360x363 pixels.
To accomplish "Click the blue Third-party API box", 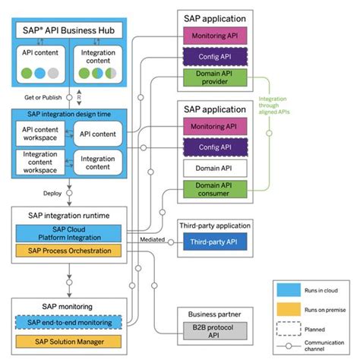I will click(x=210, y=242).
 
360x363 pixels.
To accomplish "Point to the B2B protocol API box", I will click(x=210, y=331).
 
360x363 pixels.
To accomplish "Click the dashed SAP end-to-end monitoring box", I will click(x=69, y=324).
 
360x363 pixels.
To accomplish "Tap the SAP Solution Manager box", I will click(x=69, y=341).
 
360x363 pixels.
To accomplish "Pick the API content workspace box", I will click(x=40, y=134).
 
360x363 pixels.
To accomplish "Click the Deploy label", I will click(x=52, y=193).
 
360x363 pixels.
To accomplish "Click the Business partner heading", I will click(x=210, y=313).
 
